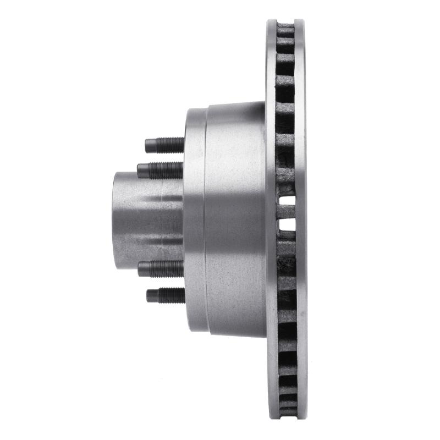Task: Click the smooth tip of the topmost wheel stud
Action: click(x=148, y=146)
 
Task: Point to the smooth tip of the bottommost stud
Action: click(x=150, y=296)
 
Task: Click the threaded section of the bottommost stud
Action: click(x=170, y=295)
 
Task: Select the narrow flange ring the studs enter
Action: click(x=195, y=220)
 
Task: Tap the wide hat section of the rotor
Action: click(x=235, y=220)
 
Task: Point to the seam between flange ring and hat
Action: click(x=205, y=220)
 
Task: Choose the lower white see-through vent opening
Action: click(x=287, y=225)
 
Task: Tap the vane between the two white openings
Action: click(x=287, y=212)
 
